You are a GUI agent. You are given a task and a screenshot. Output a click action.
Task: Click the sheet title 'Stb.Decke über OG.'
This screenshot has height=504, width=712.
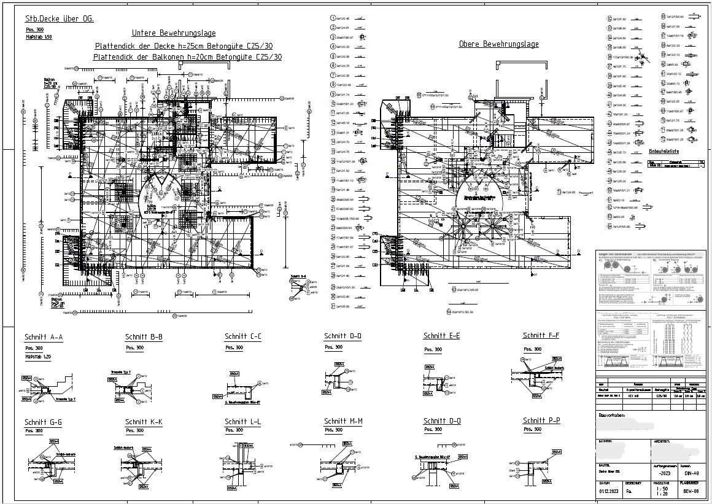[60, 19]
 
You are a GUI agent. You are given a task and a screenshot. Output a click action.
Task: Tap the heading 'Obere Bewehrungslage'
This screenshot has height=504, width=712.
[498, 44]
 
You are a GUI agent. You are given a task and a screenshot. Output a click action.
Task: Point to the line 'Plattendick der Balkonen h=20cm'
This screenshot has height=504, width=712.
[188, 56]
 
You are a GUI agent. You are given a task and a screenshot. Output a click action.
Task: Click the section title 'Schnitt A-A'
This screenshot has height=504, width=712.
[43, 338]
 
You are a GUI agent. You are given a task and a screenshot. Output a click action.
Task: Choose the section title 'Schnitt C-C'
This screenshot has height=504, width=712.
[242, 336]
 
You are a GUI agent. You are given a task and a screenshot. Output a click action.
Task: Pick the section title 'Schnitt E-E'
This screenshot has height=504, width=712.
[441, 336]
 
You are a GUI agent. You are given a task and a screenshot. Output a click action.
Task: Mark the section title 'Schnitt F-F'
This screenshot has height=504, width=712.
[541, 335]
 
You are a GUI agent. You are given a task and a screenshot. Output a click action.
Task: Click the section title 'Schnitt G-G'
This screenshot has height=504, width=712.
[43, 422]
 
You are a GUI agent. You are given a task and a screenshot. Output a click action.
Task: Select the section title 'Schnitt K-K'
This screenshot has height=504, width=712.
[144, 422]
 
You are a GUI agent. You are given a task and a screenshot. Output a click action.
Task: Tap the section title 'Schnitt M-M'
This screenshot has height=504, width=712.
[343, 421]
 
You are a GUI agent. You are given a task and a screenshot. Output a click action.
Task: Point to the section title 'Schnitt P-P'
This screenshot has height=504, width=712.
[541, 421]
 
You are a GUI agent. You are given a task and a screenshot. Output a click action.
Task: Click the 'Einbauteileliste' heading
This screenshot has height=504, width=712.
[664, 150]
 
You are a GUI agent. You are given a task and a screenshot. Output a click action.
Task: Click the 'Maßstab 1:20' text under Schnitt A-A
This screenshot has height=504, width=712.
[37, 357]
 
